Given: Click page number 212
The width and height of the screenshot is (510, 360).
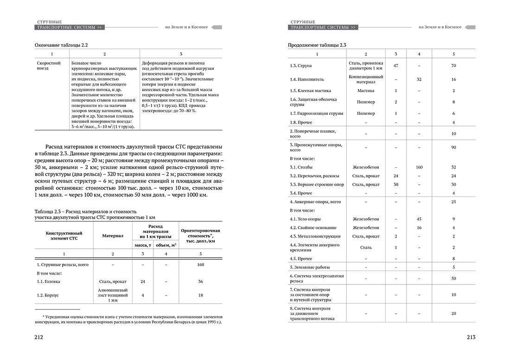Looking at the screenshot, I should [39, 337].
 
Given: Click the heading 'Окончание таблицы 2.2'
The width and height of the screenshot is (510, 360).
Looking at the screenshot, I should [62, 45].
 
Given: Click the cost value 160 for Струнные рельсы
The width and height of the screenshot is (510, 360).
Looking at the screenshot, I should [200, 265].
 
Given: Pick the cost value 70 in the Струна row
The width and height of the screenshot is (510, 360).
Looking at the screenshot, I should [453, 66].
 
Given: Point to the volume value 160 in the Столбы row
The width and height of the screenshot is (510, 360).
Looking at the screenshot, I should [419, 167].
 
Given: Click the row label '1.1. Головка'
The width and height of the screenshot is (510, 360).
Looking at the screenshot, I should [49, 281].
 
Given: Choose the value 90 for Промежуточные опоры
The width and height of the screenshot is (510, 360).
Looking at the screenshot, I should [453, 147].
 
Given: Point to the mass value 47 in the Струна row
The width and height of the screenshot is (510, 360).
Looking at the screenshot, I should [396, 66].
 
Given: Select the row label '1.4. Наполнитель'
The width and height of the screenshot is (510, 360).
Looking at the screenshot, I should [304, 79].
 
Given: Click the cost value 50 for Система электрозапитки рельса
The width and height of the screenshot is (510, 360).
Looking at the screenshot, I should [453, 278].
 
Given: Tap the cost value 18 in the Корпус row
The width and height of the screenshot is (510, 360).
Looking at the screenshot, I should [200, 295].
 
